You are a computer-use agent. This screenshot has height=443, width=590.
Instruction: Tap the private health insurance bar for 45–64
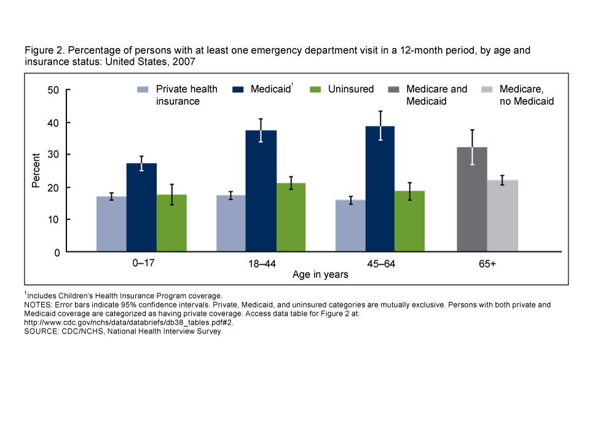[x=350, y=226]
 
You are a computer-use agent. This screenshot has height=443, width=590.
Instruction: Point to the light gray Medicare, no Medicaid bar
[x=502, y=216]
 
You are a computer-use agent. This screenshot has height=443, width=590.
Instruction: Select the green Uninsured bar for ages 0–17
[x=171, y=223]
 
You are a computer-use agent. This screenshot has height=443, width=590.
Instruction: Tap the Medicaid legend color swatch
[x=238, y=90]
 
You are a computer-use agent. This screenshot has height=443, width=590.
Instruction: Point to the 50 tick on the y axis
[x=53, y=90]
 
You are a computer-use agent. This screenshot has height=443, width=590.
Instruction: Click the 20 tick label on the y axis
[x=53, y=188]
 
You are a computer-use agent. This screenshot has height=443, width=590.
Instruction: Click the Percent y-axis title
[x=36, y=170]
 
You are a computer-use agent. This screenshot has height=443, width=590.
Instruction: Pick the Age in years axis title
[x=320, y=274]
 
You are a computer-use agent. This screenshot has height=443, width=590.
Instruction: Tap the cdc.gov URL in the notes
[x=128, y=322]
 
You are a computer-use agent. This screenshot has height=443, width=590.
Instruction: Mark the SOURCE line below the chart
[x=123, y=331]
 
